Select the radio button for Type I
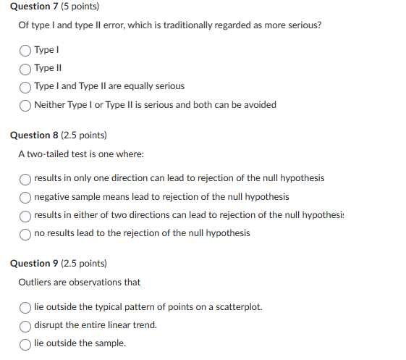(25, 50)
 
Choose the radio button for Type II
(25, 68)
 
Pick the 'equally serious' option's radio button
(25, 86)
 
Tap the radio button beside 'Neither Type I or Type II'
(25, 105)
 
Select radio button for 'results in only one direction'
(25, 178)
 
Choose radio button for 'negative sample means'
(25, 197)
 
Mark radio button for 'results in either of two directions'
(25, 215)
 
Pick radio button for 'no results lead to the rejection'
(25, 233)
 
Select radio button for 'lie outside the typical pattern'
(25, 307)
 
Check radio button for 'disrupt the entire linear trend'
(25, 325)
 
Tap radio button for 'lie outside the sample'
(25, 343)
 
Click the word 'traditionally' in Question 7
(166, 25)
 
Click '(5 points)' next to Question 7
(80, 7)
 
